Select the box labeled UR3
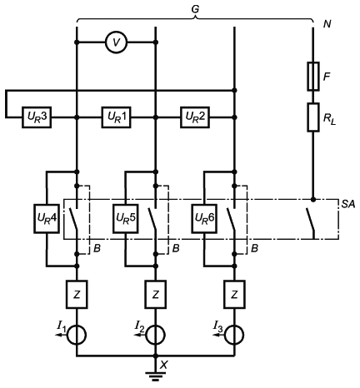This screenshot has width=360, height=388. pos(37,117)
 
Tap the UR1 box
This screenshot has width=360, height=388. pos(116,117)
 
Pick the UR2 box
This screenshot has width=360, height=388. pos(195,117)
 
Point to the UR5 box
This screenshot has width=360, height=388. pos(125,218)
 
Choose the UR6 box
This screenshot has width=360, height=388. pos(204,218)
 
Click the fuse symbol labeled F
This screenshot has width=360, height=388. pos(313,76)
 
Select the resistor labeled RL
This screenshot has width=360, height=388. pos(313,117)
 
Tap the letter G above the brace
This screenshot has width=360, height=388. pos(195,9)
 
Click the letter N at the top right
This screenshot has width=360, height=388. pos(327,24)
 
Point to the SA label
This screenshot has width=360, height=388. pos(348,205)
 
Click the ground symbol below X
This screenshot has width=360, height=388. pos(156,376)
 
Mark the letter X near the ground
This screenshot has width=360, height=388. pos(164,366)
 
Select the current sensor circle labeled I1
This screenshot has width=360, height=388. pos(77,335)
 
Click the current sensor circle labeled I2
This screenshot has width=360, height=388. pos(156,335)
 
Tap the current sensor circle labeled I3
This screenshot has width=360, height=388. pos(234,335)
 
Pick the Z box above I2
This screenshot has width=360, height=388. pos(156,294)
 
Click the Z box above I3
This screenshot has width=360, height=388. pos(234,294)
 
